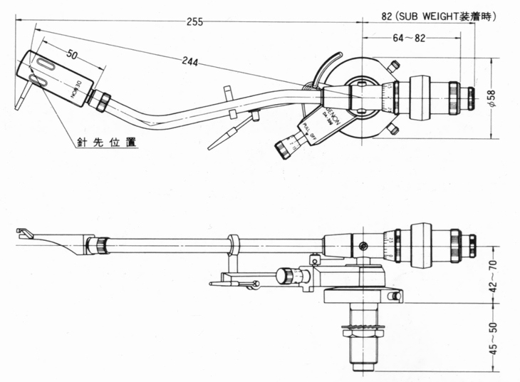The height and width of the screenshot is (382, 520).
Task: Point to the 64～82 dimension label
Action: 410,38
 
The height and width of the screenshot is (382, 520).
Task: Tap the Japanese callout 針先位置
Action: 108,141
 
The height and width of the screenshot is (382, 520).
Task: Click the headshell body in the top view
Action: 61,79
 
